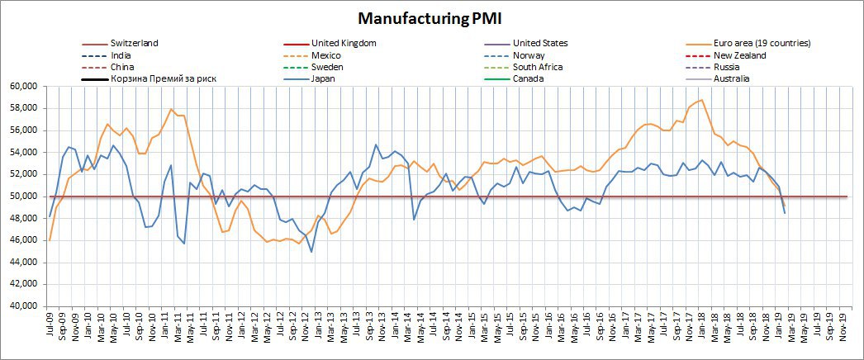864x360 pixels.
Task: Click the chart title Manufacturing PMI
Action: (x=432, y=17)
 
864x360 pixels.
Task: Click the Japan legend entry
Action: (x=325, y=78)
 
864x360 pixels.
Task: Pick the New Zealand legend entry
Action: (x=738, y=55)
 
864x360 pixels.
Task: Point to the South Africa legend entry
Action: (x=538, y=67)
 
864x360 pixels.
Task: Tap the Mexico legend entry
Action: (x=327, y=55)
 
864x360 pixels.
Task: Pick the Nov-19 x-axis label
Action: (x=843, y=326)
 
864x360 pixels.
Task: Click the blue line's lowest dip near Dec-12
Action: (x=311, y=251)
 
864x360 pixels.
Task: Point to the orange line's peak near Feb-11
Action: (x=171, y=109)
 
